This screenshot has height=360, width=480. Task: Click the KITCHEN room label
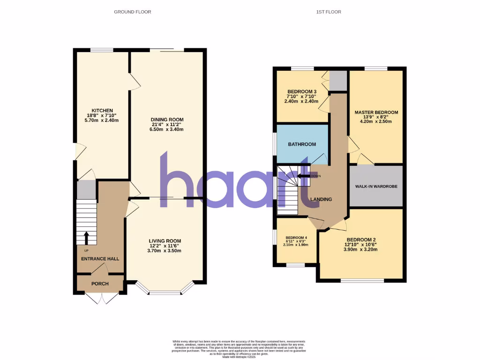pyautogui.click(x=102, y=110)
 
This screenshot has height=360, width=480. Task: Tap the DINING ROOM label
pyautogui.click(x=167, y=119)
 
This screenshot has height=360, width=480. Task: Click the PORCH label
pyautogui.click(x=100, y=284)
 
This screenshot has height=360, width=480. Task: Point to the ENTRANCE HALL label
pyautogui.click(x=100, y=259)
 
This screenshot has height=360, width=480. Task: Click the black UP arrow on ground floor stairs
pyautogui.click(x=86, y=238)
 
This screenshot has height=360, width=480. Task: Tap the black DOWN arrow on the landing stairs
pyautogui.click(x=302, y=176)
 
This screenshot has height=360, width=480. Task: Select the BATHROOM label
pyautogui.click(x=302, y=144)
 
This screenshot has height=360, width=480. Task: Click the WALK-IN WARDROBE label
pyautogui.click(x=376, y=187)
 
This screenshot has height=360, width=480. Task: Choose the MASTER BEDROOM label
pyautogui.click(x=376, y=112)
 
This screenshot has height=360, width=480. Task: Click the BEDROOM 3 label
pyautogui.click(x=302, y=91)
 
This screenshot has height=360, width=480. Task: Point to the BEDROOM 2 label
pyautogui.click(x=361, y=239)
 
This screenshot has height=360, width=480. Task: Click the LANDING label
pyautogui.click(x=322, y=199)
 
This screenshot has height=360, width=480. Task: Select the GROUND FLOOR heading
pyautogui.click(x=133, y=12)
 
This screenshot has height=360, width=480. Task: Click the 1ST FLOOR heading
pyautogui.click(x=328, y=12)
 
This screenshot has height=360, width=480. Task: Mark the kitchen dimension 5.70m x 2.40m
pyautogui.click(x=102, y=120)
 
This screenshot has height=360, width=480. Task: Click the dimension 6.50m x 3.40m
pyautogui.click(x=167, y=129)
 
